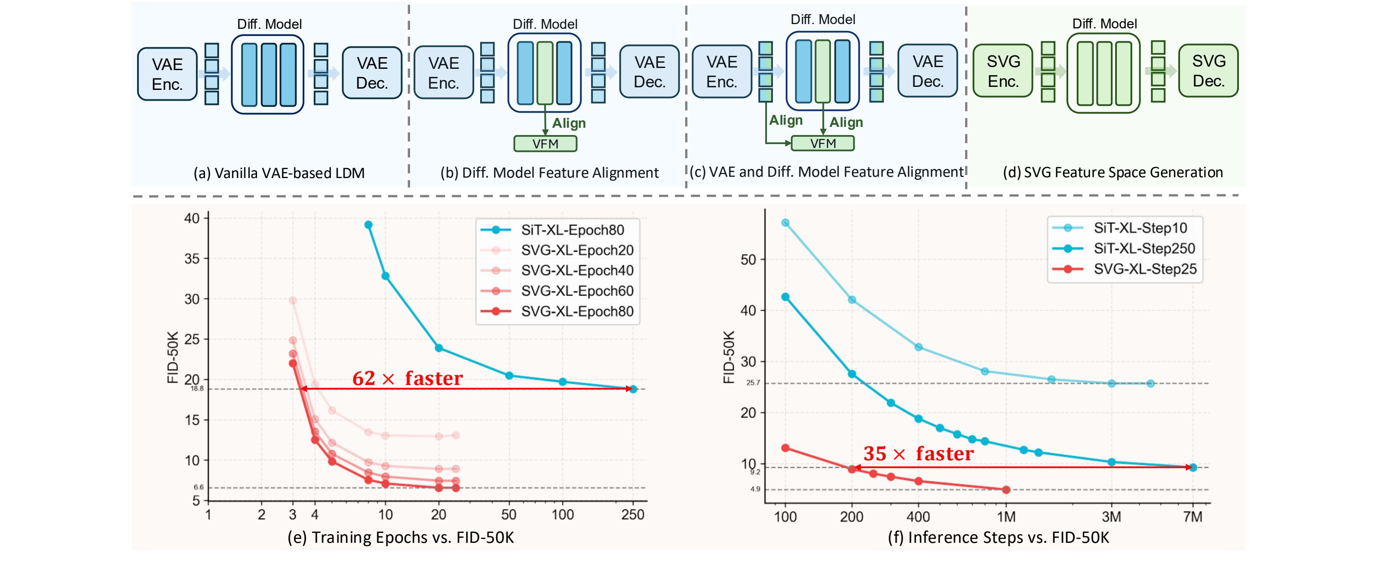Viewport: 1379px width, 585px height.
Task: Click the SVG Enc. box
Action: point(1003,71)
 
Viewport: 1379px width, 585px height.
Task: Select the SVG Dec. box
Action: point(1208,71)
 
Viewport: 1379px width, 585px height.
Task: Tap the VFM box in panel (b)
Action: point(545,144)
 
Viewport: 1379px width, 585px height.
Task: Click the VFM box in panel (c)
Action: point(822,143)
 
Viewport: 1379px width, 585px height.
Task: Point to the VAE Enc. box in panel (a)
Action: point(167,74)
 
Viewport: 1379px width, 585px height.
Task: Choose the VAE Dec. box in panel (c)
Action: point(927,71)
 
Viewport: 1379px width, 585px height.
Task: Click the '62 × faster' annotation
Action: point(407,378)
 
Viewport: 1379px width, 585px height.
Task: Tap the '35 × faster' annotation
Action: point(918,454)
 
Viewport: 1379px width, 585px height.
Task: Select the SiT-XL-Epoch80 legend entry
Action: point(572,230)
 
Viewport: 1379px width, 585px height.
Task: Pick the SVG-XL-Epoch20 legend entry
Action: point(576,250)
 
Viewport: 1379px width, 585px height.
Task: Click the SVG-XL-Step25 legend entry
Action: point(1145,269)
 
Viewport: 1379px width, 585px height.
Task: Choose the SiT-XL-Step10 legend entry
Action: point(1140,228)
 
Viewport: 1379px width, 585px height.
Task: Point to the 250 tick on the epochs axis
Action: point(633,515)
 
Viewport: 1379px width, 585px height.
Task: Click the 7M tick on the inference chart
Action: point(1193,517)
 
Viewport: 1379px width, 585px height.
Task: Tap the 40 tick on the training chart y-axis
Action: point(192,218)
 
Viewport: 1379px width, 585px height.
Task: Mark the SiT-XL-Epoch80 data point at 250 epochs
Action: point(633,389)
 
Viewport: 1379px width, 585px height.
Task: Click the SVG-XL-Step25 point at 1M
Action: point(1006,489)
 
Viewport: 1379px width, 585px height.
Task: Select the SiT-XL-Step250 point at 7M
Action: point(1193,467)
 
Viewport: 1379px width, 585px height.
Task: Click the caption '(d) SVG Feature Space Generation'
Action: point(1112,172)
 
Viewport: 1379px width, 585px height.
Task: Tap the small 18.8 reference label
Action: point(197,388)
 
